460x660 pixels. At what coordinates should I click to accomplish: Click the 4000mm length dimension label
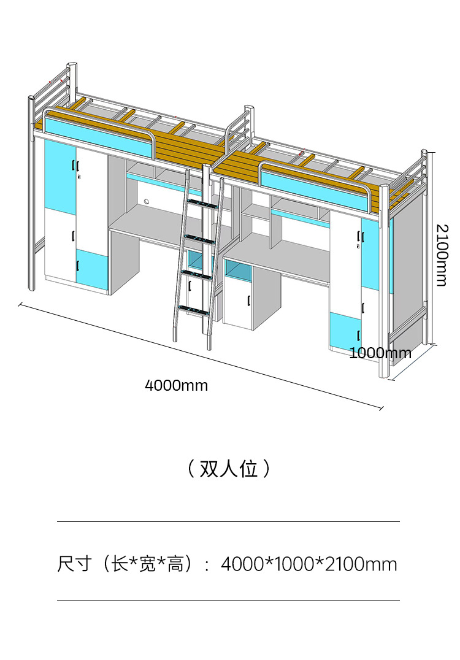pyautogui.click(x=176, y=385)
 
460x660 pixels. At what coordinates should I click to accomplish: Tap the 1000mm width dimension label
pyautogui.click(x=380, y=353)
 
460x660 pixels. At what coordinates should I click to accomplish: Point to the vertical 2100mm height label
pyautogui.click(x=442, y=255)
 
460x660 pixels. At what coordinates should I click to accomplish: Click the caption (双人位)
pyautogui.click(x=229, y=469)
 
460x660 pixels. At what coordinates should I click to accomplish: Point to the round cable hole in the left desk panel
pyautogui.click(x=147, y=201)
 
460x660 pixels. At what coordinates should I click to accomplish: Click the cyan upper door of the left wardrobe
pyautogui.click(x=60, y=178)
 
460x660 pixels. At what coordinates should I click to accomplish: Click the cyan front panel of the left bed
pyautogui.click(x=98, y=138)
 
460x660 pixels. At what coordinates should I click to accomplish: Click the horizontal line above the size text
pyautogui.click(x=228, y=522)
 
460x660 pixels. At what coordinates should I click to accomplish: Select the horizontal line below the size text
pyautogui.click(x=228, y=600)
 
